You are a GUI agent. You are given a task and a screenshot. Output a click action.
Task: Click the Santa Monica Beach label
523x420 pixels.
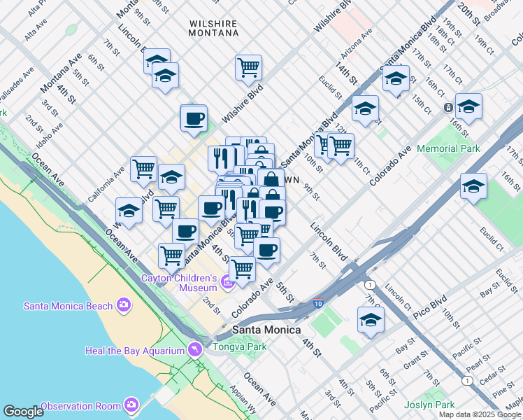coord(69,305)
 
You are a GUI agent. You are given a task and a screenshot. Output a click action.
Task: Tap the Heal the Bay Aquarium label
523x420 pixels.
coord(134,350)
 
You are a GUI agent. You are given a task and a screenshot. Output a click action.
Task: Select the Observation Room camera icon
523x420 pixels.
coord(131,405)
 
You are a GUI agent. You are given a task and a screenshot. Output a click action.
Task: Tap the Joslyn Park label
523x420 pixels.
coord(430,405)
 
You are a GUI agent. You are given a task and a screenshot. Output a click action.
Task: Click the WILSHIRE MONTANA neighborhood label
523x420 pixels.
coord(213,28)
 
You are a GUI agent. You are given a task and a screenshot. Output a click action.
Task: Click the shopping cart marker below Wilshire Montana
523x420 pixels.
coord(248,68)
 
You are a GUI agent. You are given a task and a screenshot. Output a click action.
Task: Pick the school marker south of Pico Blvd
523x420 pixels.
coord(371,320)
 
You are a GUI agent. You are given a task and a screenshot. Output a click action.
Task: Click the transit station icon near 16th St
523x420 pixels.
coord(447,108)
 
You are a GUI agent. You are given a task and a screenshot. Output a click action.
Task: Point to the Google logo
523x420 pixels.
coord(23,412)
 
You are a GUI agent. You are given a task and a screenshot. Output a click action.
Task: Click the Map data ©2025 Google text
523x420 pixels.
coord(479,414)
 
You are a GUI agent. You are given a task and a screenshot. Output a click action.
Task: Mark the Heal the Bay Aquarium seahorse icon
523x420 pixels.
coord(192,349)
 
